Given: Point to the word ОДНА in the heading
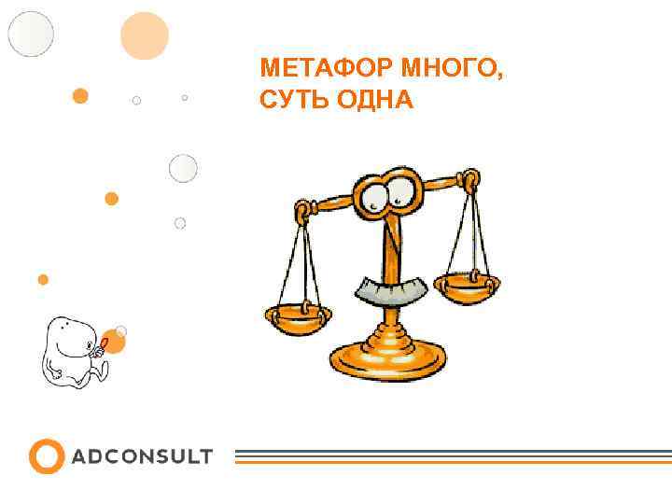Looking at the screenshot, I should (x=373, y=99).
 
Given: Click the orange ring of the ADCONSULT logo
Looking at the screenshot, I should (x=46, y=456).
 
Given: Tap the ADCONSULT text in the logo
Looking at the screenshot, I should (x=142, y=457).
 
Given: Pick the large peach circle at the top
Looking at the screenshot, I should (x=145, y=35).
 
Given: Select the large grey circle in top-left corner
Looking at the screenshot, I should (x=31, y=34).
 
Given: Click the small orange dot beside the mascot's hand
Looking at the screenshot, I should (x=113, y=342).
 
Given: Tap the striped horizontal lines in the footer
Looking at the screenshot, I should (x=452, y=456).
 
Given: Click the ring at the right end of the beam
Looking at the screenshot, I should (x=471, y=176).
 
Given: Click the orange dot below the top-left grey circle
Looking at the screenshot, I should (x=81, y=95).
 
